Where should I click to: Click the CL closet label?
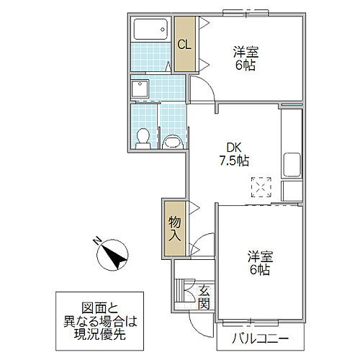pyautogui.click(x=184, y=45)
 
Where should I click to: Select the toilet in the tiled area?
pyautogui.click(x=143, y=136)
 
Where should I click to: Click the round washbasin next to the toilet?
pyautogui.click(x=172, y=140)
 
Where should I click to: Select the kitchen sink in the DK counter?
pyautogui.click(x=292, y=164)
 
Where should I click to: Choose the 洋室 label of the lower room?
pyautogui.click(x=260, y=256)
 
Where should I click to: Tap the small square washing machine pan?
pyautogui.click(x=140, y=89)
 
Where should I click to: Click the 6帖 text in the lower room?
pyautogui.click(x=260, y=270)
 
